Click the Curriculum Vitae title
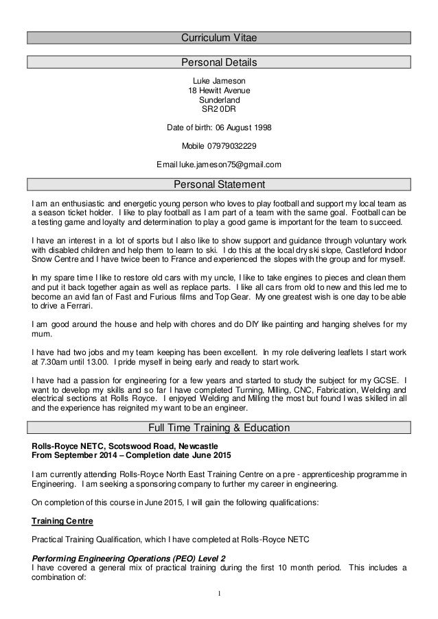pos(219,37)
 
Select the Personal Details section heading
pos(219,63)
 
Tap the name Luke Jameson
pos(219,80)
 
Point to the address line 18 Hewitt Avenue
pos(219,90)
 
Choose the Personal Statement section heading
pos(219,184)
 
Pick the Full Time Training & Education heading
pos(219,428)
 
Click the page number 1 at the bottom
pos(219,593)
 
